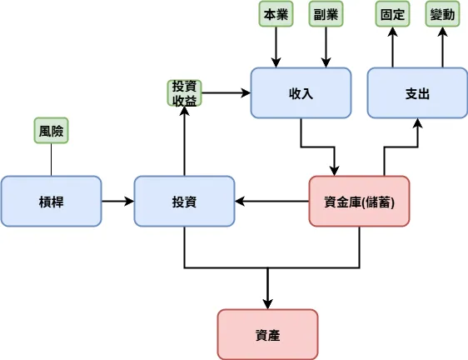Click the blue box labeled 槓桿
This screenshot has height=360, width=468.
click(x=51, y=201)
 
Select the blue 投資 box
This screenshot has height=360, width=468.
click(x=184, y=201)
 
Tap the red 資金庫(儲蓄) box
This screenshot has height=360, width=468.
click(x=359, y=201)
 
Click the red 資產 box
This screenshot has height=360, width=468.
click(x=267, y=334)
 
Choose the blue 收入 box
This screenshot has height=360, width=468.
click(x=301, y=92)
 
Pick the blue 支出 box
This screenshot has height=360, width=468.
click(x=417, y=92)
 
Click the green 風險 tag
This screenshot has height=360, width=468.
click(x=51, y=131)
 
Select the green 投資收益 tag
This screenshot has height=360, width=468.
click(x=184, y=92)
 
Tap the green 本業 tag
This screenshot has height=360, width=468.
click(x=276, y=14)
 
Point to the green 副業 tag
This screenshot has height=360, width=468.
click(x=326, y=14)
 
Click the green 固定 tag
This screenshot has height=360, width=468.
click(x=392, y=14)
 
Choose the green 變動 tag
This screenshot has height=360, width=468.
click(x=442, y=14)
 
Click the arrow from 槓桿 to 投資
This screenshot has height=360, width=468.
click(x=117, y=201)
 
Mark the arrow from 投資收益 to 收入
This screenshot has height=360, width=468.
click(x=225, y=92)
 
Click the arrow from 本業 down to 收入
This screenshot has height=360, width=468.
click(x=276, y=46)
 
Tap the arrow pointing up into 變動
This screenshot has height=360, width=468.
click(x=442, y=46)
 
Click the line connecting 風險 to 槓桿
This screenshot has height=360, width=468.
click(x=51, y=159)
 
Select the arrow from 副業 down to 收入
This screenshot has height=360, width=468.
click(x=326, y=46)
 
